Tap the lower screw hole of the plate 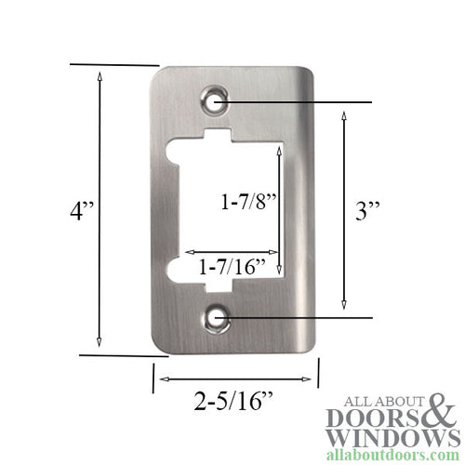coord(219,318)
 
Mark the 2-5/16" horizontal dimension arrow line coord(233,379)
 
